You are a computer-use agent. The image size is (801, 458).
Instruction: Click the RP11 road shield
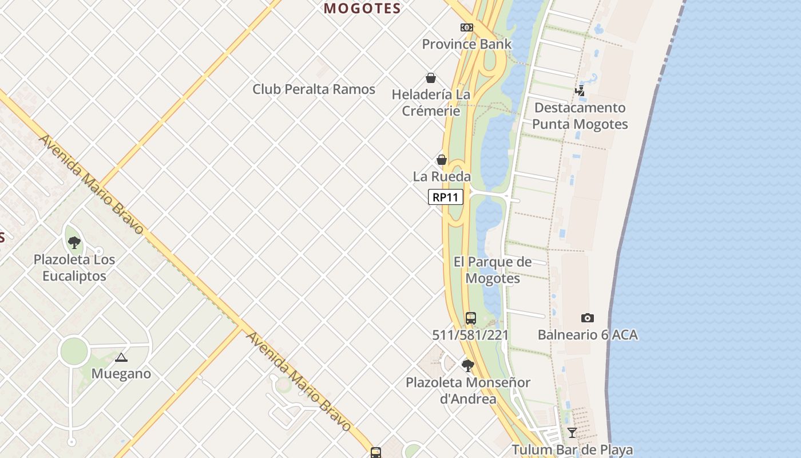point(445,198)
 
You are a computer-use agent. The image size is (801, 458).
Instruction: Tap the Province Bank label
point(467,44)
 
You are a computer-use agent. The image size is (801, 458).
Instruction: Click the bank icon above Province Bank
point(467,27)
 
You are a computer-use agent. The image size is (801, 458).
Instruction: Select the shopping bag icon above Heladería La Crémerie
point(431,78)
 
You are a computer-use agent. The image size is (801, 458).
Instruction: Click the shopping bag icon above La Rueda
point(442,160)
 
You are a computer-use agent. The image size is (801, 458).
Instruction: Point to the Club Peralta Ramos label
point(314,89)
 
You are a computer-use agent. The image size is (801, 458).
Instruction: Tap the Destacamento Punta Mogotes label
point(580,116)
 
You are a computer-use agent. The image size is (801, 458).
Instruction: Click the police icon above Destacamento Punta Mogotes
point(580,90)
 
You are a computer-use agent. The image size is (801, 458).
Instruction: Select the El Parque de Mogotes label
point(493,270)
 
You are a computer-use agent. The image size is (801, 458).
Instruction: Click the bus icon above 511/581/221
point(471,318)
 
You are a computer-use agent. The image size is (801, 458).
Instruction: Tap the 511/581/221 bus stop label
point(470,335)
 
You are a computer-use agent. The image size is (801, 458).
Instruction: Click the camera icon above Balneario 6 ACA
point(588,318)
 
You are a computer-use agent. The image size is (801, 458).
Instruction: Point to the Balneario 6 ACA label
point(588,335)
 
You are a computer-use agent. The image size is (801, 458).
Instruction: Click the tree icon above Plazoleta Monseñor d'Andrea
point(468,365)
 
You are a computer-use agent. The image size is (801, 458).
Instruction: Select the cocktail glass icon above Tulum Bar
point(572,433)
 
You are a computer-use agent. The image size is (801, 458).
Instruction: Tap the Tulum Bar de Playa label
point(572,449)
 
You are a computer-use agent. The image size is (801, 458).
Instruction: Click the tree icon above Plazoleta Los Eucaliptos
point(74,242)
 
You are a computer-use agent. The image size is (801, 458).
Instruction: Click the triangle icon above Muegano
point(121,358)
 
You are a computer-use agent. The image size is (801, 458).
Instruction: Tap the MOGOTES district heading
point(362,8)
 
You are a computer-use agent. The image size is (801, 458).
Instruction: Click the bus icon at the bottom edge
point(376,453)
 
